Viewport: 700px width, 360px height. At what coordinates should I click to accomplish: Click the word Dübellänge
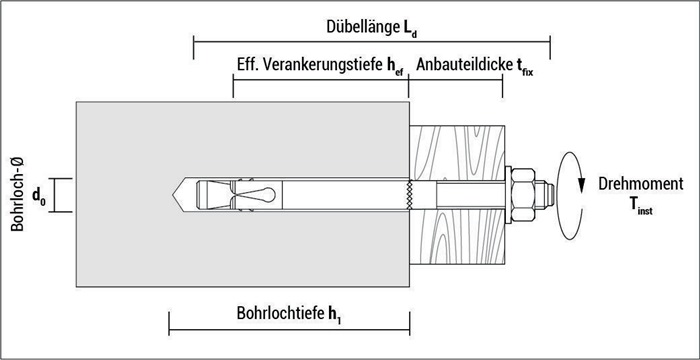click(360, 27)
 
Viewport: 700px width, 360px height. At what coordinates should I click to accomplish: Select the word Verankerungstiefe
click(323, 66)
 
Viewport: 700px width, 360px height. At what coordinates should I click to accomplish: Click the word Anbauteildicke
click(464, 65)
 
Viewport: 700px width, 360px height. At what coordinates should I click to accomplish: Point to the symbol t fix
click(525, 67)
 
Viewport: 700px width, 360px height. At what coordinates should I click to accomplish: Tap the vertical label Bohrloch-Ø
click(17, 194)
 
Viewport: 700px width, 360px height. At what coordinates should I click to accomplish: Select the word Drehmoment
click(641, 184)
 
